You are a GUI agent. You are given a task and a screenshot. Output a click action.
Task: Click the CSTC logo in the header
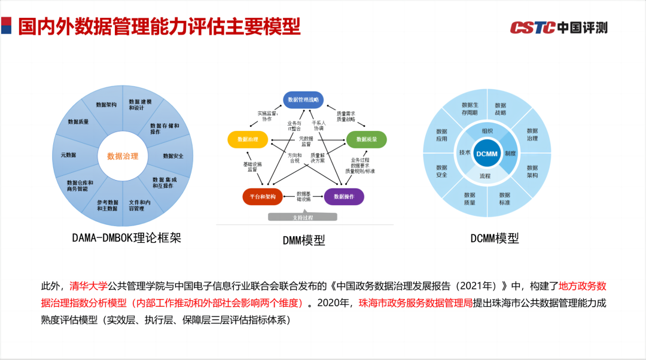(558, 28)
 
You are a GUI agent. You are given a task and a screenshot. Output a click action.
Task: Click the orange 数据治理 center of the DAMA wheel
(123, 157)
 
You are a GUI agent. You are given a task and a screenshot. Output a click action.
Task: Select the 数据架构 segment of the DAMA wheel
(106, 105)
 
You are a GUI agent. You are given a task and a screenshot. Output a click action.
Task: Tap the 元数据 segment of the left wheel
(68, 155)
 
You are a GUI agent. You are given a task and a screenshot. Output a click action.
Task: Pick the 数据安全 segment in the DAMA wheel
(173, 156)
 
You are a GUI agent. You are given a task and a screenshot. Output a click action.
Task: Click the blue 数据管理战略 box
(303, 100)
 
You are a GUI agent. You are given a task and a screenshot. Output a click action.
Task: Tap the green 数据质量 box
(366, 139)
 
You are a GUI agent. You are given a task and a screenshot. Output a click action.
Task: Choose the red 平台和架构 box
(263, 196)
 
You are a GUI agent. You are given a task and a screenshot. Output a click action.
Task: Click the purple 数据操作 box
(344, 196)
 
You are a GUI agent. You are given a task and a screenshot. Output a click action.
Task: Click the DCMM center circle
(486, 154)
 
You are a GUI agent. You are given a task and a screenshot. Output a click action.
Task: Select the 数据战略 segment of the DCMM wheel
(501, 109)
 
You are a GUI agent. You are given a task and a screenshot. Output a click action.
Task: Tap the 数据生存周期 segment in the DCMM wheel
(470, 109)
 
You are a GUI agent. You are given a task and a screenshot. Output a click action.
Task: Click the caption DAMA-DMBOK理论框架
(126, 238)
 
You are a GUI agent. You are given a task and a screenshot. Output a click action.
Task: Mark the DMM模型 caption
(304, 240)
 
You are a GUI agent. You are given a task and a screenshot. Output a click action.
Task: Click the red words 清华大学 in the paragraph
(89, 286)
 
